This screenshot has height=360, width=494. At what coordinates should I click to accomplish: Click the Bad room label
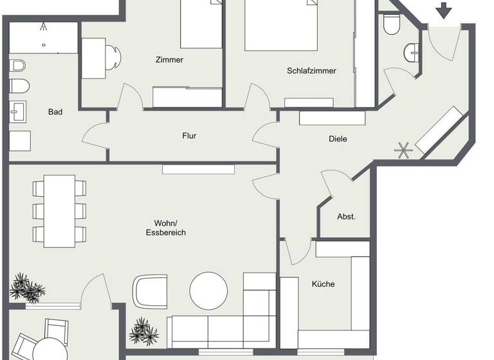click(55, 112)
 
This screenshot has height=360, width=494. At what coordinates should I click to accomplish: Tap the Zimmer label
click(169, 60)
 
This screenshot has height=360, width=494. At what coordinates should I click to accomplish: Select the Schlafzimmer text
click(311, 71)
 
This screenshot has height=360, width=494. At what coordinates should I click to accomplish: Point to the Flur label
click(189, 136)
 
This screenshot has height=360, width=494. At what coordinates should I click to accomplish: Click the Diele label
click(338, 138)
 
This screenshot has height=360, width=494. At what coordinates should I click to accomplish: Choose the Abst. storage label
click(346, 217)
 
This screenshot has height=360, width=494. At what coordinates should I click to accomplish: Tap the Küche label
click(323, 284)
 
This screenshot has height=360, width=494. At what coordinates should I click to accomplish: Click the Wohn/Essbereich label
click(165, 228)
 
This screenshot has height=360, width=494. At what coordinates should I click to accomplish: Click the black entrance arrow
click(443, 10)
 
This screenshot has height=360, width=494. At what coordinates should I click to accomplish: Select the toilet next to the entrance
click(391, 24)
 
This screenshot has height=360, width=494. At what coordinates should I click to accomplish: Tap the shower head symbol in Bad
click(43, 27)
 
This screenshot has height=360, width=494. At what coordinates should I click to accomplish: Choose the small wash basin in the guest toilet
click(412, 51)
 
